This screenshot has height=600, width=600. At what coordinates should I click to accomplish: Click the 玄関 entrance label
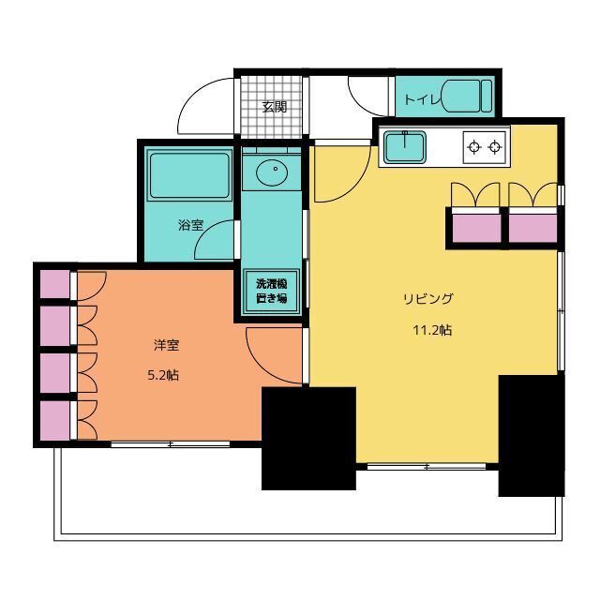pos(275,107)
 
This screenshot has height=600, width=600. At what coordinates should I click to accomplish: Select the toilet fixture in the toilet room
pos(467,96)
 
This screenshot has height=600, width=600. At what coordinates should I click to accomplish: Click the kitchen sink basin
pos(405,146)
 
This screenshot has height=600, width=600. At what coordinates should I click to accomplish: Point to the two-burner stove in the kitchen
pos(485,146)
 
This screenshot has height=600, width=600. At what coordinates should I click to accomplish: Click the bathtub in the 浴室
pos(189,174)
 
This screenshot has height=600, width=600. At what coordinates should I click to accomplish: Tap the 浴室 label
pos(190,225)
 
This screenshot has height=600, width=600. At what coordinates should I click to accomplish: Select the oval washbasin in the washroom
pos(272,172)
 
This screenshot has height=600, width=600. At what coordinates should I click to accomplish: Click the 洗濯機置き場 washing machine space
pos(271,292)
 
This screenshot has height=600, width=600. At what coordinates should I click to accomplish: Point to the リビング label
pos(428,299)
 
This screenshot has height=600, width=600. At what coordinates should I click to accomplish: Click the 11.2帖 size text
pos(432,330)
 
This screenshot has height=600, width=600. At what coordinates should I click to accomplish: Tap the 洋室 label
pos(167,345)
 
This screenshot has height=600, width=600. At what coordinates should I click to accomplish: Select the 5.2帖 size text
pos(163,375)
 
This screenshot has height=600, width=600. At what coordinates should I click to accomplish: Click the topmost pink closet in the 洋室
pos(55,284)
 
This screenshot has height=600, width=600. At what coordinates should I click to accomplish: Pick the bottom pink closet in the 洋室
pos(55,421)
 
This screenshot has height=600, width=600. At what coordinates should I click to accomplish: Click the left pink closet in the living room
pos(477,229)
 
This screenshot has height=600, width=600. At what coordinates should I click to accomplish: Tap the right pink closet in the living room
pos(533,229)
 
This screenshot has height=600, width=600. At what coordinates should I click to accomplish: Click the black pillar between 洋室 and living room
pos(308,439)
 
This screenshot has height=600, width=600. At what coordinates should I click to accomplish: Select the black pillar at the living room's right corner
pos(532,436)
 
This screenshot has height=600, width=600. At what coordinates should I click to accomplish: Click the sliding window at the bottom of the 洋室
pos(171,444)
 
